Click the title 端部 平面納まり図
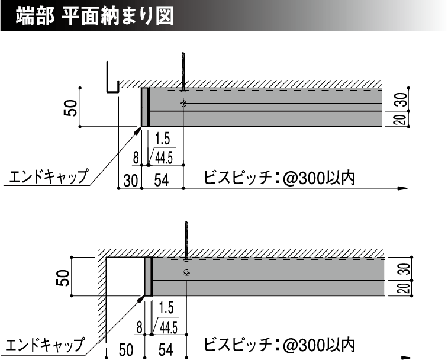95,17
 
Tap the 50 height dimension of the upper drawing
70,108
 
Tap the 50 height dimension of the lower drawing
63,278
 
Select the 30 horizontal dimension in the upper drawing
131,181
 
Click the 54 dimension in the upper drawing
162,181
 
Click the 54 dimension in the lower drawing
166,350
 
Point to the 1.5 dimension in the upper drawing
162,139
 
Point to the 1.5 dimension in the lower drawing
166,308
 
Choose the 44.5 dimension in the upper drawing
164,158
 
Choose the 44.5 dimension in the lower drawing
169,327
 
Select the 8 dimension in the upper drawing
136,158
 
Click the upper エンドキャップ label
49,176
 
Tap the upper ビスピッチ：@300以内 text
279,178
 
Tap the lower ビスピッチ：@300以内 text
279,345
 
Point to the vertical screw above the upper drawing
183,72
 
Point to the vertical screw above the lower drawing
186,241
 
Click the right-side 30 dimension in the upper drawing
402,99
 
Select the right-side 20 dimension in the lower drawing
406,288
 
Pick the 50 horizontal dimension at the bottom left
126,350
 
